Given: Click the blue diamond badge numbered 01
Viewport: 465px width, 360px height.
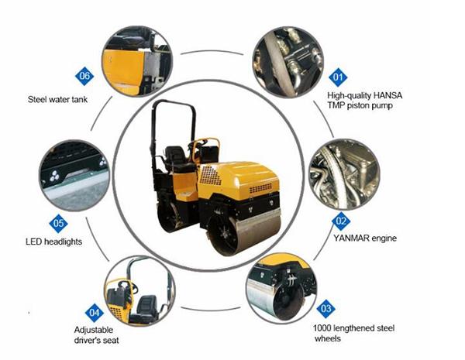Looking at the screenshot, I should (x=337, y=77).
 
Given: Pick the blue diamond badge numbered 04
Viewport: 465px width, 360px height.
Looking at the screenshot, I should (x=94, y=313).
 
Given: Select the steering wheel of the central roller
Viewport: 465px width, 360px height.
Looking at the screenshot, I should (x=202, y=146).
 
